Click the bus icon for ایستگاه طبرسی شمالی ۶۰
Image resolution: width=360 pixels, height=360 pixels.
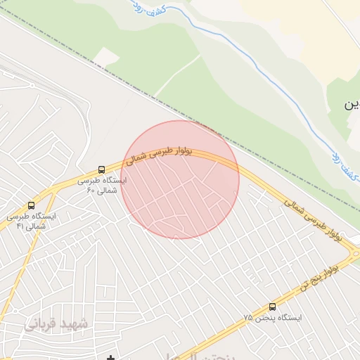pyautogui.click(x=102, y=169)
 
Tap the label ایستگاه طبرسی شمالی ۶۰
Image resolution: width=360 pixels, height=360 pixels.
pyautogui.click(x=103, y=185)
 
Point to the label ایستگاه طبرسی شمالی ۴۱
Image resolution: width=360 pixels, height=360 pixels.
pyautogui.click(x=30, y=221)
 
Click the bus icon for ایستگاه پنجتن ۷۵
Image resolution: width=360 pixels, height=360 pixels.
pyautogui.click(x=272, y=307)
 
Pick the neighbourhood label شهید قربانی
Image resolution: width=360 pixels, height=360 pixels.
pyautogui.click(x=56, y=324)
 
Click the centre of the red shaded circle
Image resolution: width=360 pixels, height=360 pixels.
pyautogui.click(x=180, y=180)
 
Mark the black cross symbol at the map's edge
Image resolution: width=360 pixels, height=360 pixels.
pyautogui.click(x=110, y=358)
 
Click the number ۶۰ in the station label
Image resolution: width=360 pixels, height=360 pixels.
pyautogui.click(x=91, y=191)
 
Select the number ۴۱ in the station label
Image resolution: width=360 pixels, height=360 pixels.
pyautogui.click(x=20, y=226)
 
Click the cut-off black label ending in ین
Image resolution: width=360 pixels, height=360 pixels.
pyautogui.click(x=352, y=105)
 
